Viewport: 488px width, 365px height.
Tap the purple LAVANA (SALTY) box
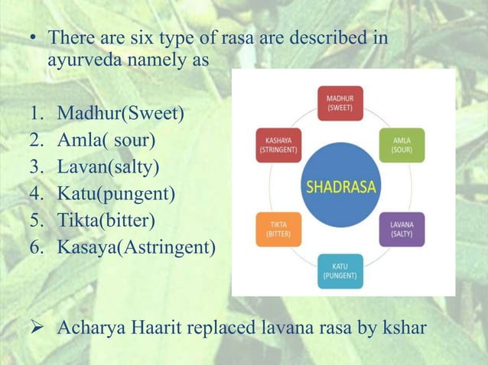(402, 230)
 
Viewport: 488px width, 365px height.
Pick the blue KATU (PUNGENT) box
(341, 271)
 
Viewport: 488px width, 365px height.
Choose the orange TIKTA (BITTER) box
(278, 230)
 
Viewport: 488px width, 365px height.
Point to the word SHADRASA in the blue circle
(340, 186)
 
